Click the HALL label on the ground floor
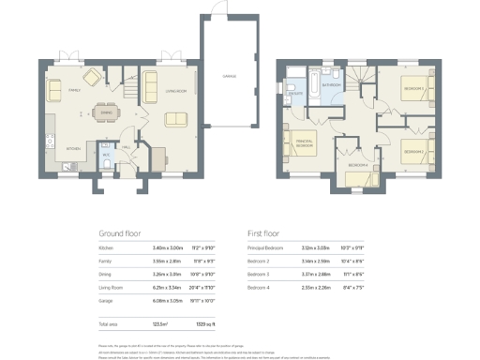127,146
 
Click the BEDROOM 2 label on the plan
413,90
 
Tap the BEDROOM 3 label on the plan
413,150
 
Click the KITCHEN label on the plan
73,148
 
